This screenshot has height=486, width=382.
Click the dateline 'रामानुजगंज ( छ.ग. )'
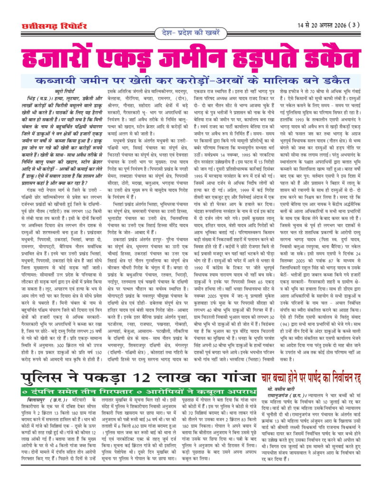point(288,401)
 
